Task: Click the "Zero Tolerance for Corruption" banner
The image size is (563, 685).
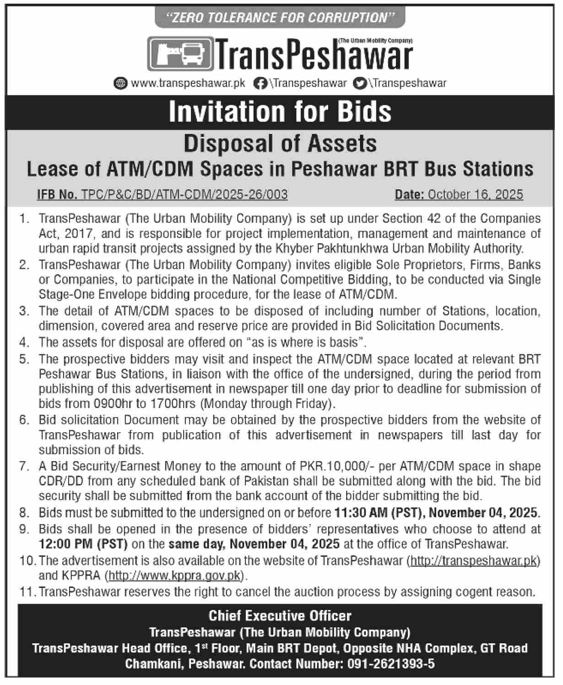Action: click(280, 18)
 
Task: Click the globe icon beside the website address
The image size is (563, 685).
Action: click(120, 83)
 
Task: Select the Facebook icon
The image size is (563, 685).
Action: click(260, 83)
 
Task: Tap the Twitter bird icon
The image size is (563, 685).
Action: click(361, 83)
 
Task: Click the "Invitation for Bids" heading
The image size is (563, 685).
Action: click(280, 112)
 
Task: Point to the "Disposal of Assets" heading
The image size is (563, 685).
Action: click(280, 143)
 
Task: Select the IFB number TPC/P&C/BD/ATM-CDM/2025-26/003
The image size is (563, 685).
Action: click(184, 195)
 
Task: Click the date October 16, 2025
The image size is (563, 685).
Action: click(475, 195)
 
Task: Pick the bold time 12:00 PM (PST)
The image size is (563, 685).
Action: click(83, 544)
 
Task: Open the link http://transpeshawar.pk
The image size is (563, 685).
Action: click(473, 560)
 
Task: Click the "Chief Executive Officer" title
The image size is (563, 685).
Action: click(280, 616)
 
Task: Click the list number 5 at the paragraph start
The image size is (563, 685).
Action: click(24, 359)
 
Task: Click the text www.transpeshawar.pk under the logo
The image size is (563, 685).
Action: click(188, 83)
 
